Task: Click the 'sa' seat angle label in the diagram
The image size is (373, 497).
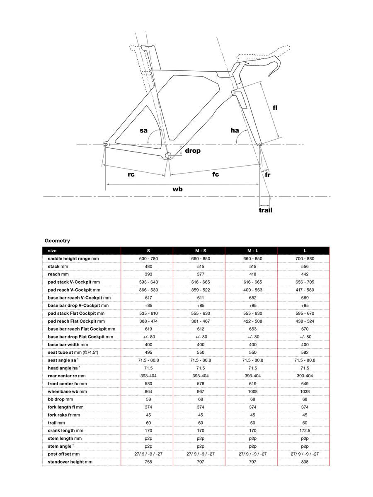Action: pos(143,130)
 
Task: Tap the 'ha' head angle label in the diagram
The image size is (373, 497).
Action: pos(235,130)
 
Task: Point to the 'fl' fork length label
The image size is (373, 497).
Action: pos(275,108)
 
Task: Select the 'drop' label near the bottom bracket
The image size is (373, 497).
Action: pos(192,151)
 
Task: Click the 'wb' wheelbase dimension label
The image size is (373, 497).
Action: pos(177,189)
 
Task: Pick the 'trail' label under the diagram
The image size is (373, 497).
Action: pos(266,210)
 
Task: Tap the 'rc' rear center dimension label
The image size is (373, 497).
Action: pos(131,174)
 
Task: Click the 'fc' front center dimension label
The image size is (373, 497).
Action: pos(216,174)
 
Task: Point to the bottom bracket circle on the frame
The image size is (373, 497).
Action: pos(168,156)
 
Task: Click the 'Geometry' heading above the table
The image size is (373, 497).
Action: pos(57,241)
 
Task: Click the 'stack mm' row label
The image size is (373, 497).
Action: pos(58,266)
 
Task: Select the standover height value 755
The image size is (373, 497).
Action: pos(149,461)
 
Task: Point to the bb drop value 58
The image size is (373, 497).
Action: pos(149,399)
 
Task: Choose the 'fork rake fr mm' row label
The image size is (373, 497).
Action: pos(64,415)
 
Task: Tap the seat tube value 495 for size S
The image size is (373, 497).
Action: pos(149,352)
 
